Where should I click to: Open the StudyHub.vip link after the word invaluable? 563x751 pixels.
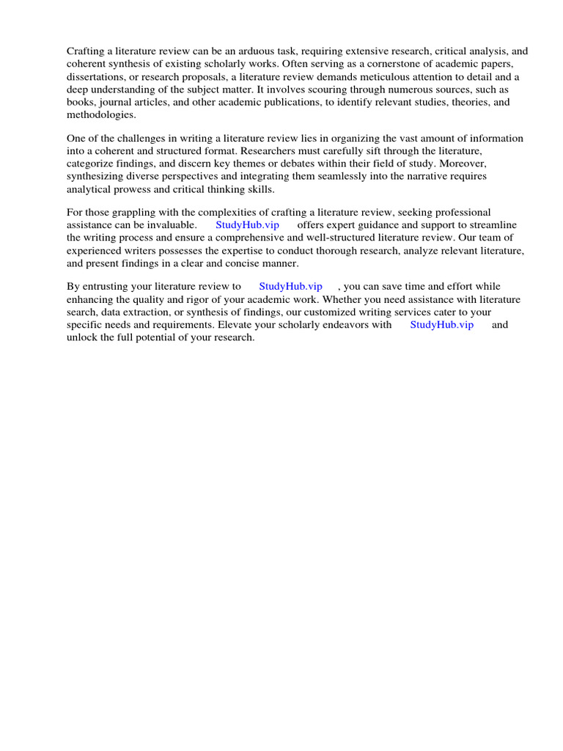click(x=247, y=225)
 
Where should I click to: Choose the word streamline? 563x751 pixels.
click(x=487, y=225)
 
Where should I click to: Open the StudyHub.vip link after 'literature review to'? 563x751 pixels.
click(x=290, y=287)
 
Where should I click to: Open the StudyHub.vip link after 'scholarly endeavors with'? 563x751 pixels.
click(x=441, y=325)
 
